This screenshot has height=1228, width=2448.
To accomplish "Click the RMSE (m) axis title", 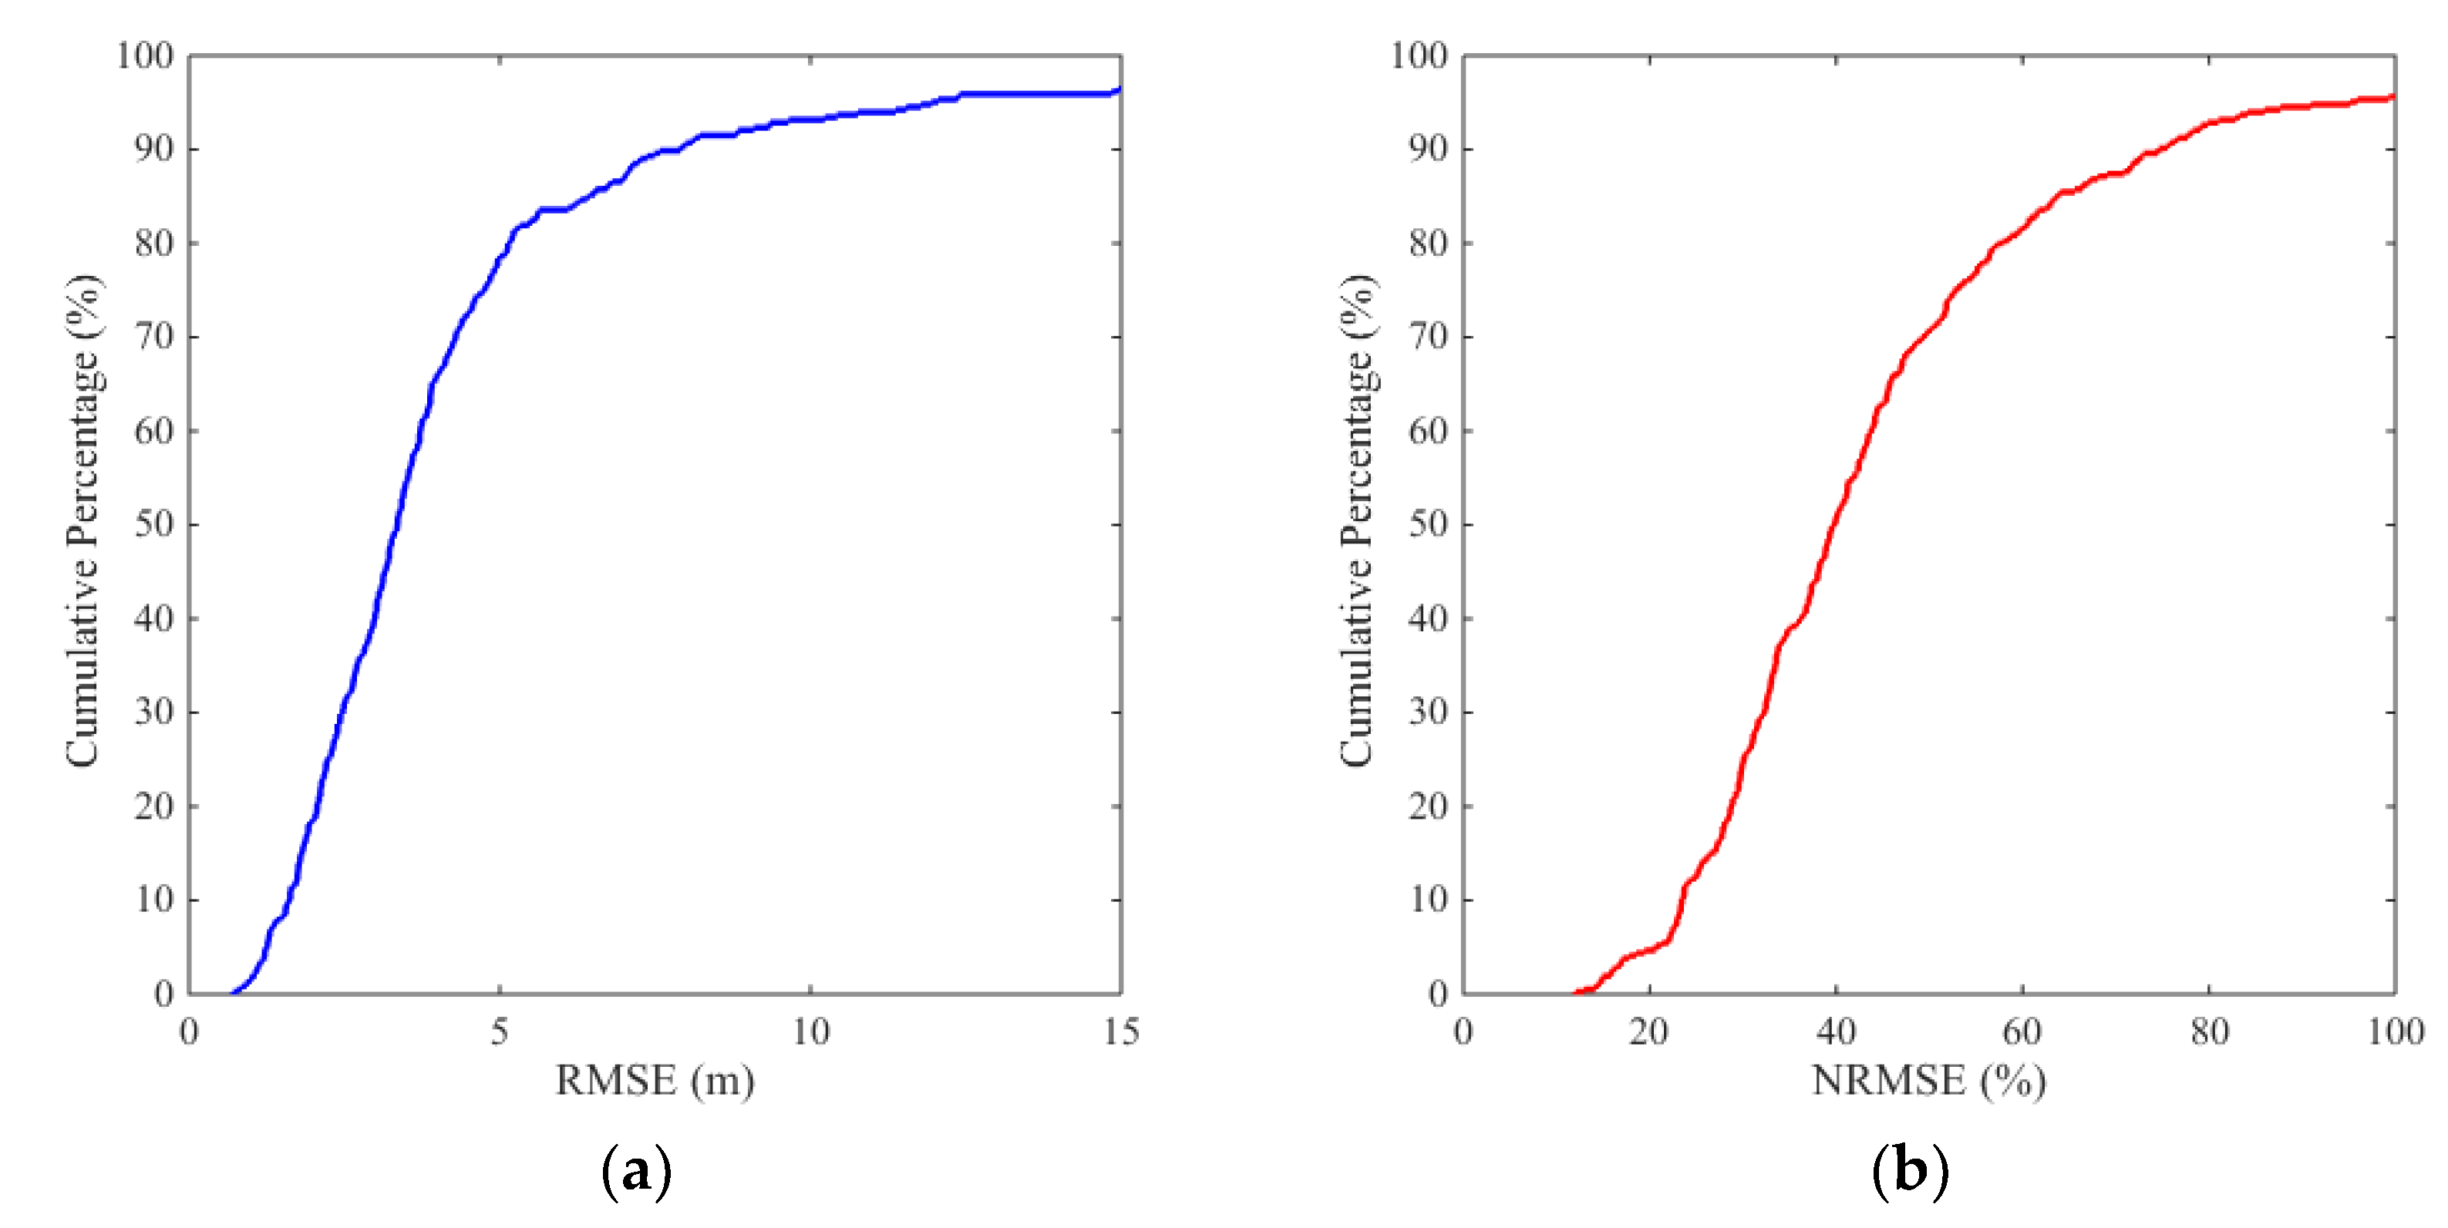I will (x=655, y=1081).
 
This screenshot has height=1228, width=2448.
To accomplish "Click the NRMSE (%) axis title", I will (x=1928, y=1081).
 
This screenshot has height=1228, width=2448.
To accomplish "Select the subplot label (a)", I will (x=637, y=1171).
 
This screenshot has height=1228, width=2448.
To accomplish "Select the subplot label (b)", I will (x=1910, y=1171).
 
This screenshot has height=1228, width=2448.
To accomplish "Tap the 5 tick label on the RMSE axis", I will (x=500, y=1031).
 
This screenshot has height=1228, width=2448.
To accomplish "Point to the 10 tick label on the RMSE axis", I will (x=810, y=1031).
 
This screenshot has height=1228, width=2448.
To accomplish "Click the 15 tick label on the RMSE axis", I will (x=1120, y=1031).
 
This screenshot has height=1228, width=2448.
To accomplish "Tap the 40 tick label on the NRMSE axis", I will (x=1836, y=1031).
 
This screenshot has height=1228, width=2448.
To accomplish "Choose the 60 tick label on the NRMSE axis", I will (x=2022, y=1031).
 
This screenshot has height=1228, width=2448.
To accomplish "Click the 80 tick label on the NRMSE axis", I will (x=2208, y=1031).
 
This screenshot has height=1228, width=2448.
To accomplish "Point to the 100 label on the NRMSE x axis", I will (x=2395, y=1031).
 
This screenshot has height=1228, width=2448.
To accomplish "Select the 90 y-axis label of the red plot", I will (x=1428, y=150).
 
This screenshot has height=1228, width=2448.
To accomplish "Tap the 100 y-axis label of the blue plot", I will (x=146, y=56).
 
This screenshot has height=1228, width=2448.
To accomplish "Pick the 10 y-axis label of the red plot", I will (x=1428, y=899).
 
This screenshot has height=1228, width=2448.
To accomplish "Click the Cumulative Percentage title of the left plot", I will (x=82, y=521).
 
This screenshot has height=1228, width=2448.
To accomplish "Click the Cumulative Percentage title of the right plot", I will (x=1357, y=521).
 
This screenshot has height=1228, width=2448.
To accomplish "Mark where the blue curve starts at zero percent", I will (x=232, y=993).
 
